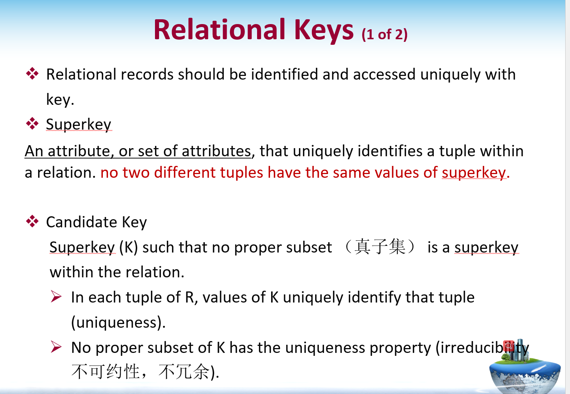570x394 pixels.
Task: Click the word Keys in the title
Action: pos(324,31)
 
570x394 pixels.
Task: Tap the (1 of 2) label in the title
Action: pos(384,34)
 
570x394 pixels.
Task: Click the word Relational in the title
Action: pos(220,30)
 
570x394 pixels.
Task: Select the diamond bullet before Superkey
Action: pos(32,124)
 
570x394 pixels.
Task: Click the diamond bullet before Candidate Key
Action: pos(32,221)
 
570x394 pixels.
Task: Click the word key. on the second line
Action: pos(60,99)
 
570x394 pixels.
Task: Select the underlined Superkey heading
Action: pos(78,125)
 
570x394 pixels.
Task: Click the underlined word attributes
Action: pos(216,151)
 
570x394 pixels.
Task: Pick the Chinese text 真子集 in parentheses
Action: pos(380,247)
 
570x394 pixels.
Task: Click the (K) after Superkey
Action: pos(128,247)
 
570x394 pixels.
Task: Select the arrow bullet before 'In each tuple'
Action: pos(56,297)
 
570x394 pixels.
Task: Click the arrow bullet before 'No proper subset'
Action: pos(56,347)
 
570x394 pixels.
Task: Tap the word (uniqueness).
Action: pos(119,323)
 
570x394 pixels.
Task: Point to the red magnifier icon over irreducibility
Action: pos(509,346)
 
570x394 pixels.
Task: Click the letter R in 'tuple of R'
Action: pos(190,297)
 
